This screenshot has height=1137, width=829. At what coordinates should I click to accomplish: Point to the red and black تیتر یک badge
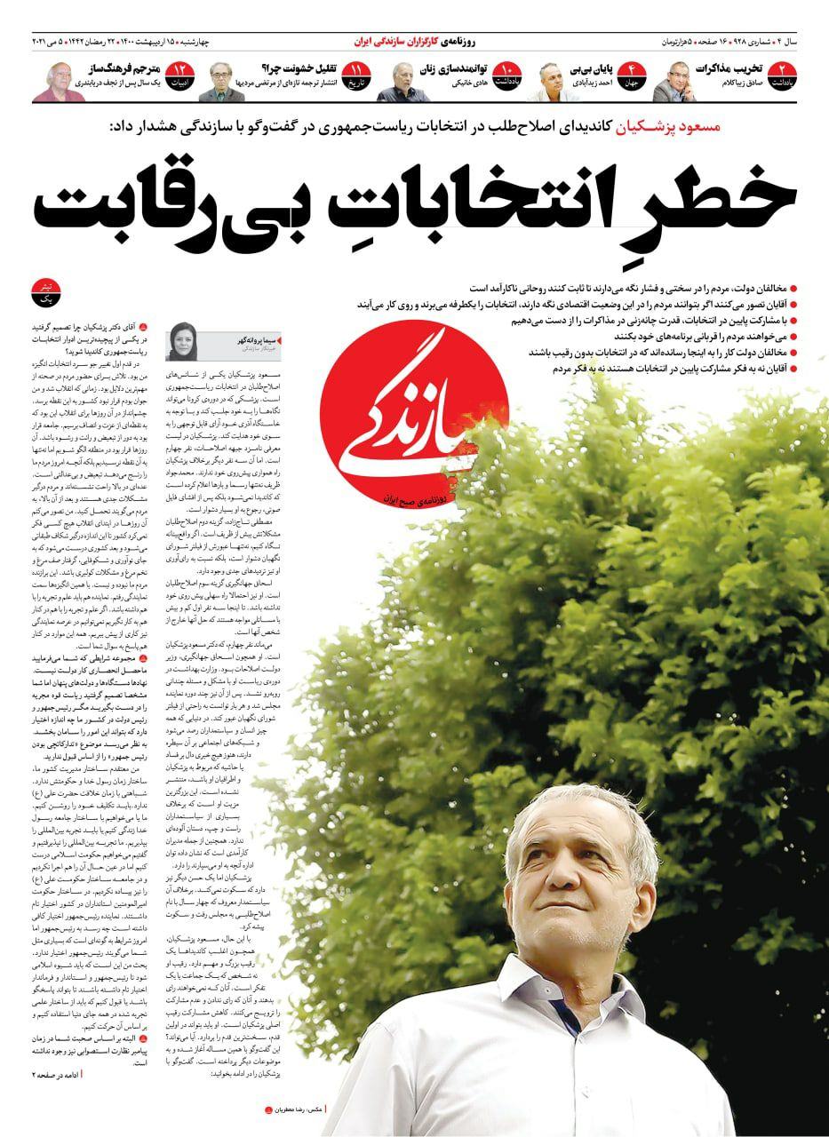tap(42, 294)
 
